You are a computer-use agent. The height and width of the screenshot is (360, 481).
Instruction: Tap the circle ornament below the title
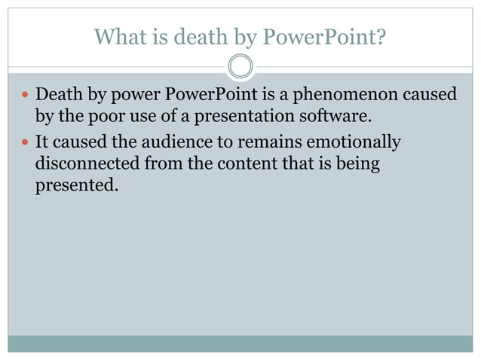click(x=240, y=67)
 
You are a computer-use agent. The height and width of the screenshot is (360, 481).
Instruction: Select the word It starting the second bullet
click(x=42, y=142)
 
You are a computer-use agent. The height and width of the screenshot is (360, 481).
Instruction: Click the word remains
click(x=268, y=142)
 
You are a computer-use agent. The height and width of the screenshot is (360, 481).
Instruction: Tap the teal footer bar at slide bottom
click(x=240, y=343)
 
